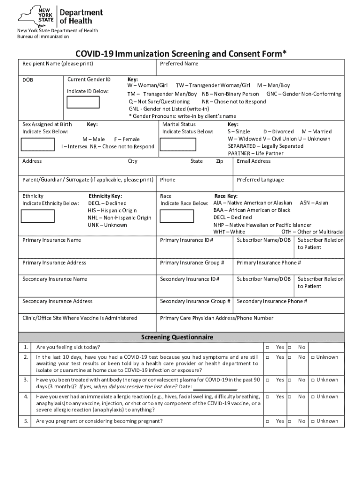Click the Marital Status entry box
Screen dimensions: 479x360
pyautogui.click(x=176, y=144)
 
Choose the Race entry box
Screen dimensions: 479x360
pyautogui.click(x=176, y=216)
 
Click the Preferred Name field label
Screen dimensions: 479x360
pyautogui.click(x=179, y=64)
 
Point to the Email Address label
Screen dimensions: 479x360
pyautogui.click(x=253, y=161)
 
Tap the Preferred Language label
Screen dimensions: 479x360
pyautogui.click(x=260, y=180)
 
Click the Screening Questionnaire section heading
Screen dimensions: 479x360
pyautogui.click(x=177, y=337)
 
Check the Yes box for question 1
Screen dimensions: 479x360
pyautogui.click(x=268, y=348)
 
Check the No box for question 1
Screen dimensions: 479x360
pyautogui.click(x=290, y=348)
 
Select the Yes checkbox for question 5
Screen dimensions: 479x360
pyautogui.click(x=268, y=421)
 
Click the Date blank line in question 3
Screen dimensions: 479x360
pyautogui.click(x=215, y=387)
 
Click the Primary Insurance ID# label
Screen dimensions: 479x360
pyautogui.click(x=187, y=240)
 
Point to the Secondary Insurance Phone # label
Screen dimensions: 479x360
pyautogui.click(x=272, y=301)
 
